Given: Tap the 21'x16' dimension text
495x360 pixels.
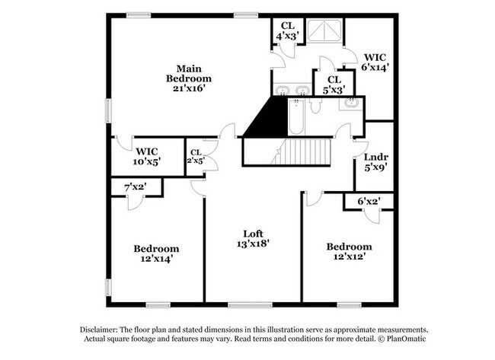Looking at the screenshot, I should [x=190, y=88].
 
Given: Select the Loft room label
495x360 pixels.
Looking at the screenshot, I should [x=254, y=234].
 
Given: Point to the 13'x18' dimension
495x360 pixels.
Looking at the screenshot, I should [x=254, y=244].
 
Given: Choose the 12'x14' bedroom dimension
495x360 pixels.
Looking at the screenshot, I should [x=156, y=258].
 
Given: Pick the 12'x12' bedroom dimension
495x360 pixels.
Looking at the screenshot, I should [x=350, y=256].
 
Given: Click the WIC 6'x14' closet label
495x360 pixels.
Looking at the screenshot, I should [x=376, y=62].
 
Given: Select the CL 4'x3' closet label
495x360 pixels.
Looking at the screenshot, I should [x=287, y=30].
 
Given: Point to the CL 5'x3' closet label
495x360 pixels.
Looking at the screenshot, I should [x=334, y=83].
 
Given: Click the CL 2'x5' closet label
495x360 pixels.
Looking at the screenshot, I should [x=196, y=156].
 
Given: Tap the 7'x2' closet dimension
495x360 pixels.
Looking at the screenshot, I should [x=135, y=186].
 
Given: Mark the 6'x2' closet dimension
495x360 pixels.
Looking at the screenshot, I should [x=369, y=201].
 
